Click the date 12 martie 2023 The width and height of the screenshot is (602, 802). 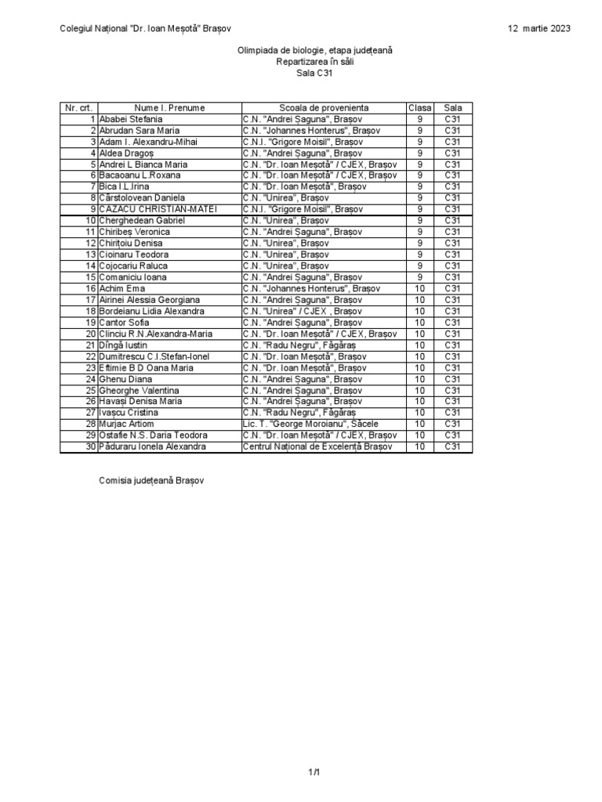tap(539, 29)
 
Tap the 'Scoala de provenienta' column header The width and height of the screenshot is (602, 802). tap(324, 107)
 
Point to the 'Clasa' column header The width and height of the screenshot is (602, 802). tap(419, 107)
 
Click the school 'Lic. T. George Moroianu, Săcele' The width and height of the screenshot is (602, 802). tap(311, 424)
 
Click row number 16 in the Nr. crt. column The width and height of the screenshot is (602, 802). tap(90, 288)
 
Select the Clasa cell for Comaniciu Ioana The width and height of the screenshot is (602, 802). tap(419, 277)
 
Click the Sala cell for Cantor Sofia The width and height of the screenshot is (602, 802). tap(453, 322)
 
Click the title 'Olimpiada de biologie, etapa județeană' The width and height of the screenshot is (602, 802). tap(314, 50)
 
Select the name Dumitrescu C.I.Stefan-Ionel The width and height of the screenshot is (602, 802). tap(154, 356)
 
